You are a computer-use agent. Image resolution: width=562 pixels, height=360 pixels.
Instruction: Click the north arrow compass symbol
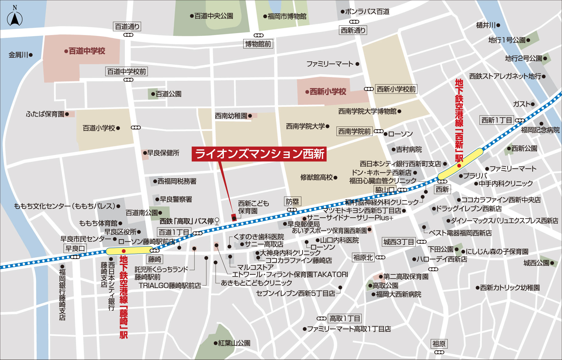click(15, 19)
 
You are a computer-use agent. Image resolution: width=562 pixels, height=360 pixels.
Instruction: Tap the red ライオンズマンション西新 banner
click(259, 154)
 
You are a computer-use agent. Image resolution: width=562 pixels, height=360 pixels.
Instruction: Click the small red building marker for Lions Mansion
click(234, 217)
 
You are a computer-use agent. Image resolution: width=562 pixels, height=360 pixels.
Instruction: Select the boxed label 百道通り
click(127, 27)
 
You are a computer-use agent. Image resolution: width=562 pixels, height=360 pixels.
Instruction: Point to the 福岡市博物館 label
click(287, 17)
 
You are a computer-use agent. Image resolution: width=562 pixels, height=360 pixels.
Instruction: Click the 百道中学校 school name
click(87, 51)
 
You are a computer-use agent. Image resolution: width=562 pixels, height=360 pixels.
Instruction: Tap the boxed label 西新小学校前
click(396, 89)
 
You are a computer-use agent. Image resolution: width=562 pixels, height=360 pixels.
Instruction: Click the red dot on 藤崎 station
click(123, 251)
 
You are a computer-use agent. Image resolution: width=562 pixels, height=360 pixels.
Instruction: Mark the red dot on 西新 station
click(459, 166)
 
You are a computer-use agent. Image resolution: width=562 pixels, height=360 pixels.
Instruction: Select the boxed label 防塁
click(292, 202)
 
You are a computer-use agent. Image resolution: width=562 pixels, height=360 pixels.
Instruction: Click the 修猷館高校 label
click(316, 177)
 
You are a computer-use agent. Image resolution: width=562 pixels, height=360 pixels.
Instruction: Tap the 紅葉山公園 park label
click(234, 343)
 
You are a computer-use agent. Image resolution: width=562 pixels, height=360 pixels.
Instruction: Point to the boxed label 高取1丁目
click(345, 319)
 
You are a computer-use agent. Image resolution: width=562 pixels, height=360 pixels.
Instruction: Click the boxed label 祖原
click(439, 344)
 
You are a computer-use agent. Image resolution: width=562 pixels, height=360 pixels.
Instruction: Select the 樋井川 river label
click(486, 25)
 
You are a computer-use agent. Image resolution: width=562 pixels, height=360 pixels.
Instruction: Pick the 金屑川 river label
click(18, 55)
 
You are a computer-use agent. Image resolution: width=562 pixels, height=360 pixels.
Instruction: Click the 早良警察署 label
click(176, 200)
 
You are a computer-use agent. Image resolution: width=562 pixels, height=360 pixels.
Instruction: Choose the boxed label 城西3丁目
click(398, 242)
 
